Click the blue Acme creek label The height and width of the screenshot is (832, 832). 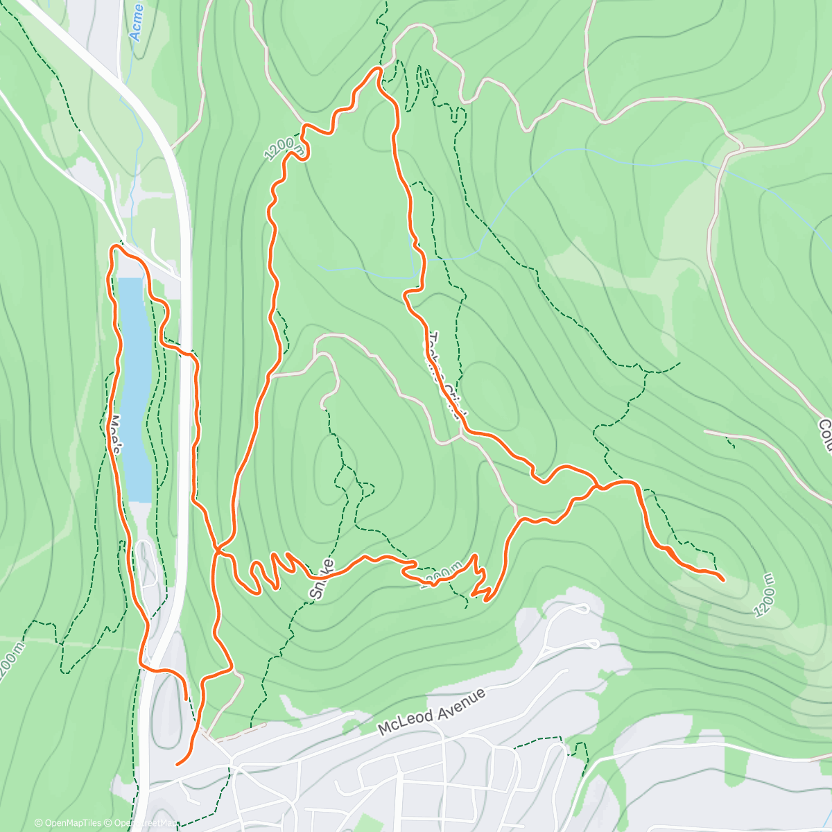pos(137,21)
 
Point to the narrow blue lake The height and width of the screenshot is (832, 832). pos(134,388)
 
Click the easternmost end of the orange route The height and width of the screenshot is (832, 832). pos(724,580)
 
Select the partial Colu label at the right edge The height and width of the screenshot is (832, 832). pos(824,435)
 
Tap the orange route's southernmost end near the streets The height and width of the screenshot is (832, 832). pos(178,764)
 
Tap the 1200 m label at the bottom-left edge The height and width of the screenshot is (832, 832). pos(7,666)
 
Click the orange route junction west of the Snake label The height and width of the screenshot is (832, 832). pos(218,552)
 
